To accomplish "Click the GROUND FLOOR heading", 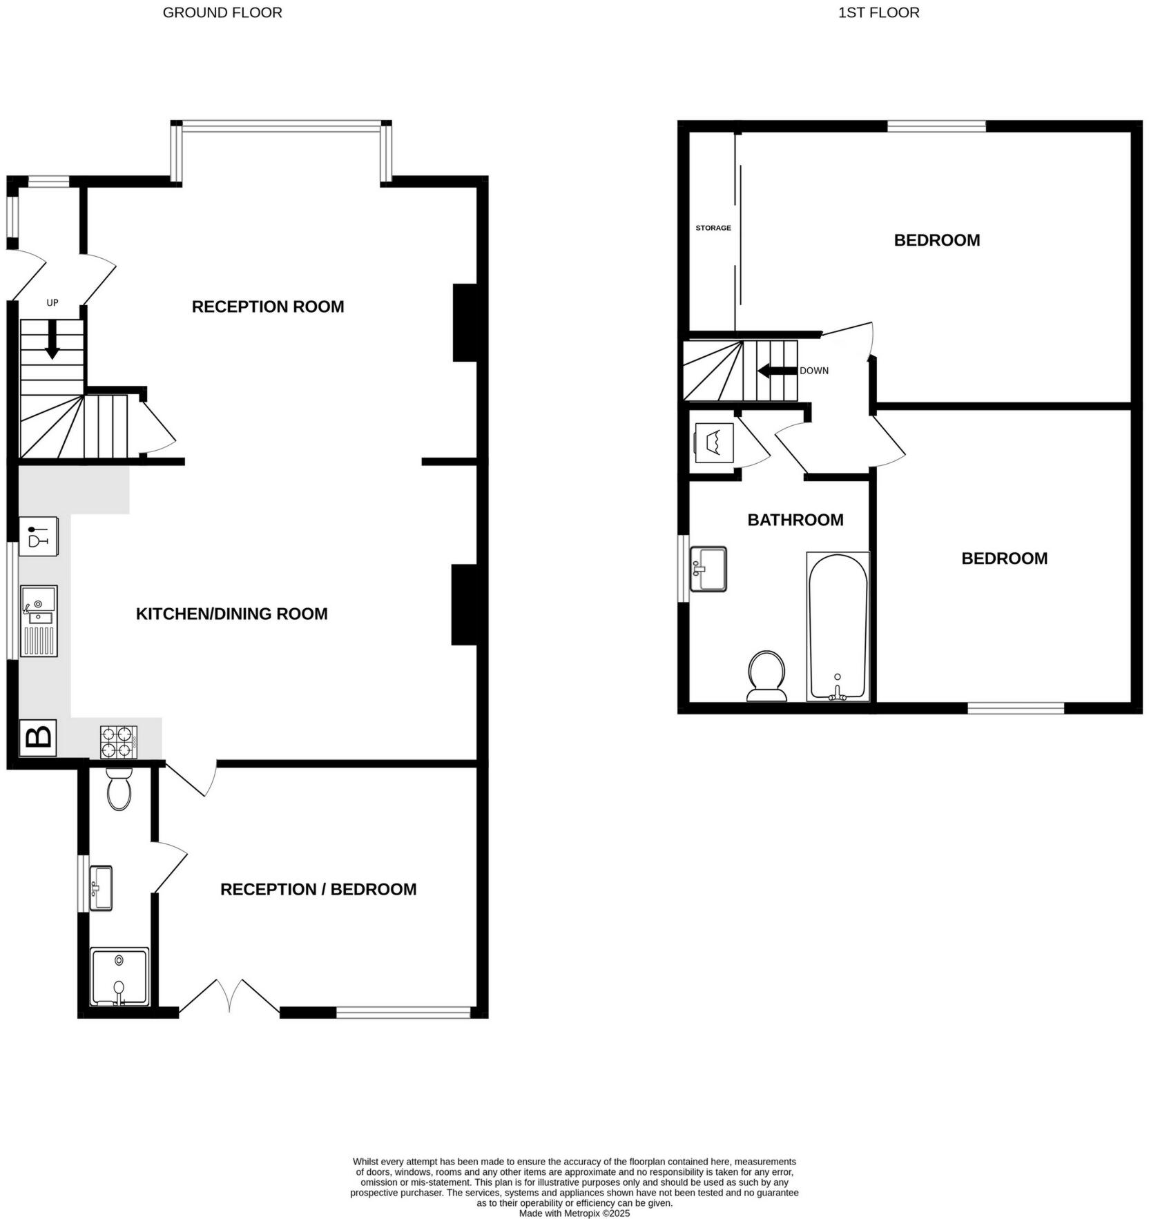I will click(222, 12).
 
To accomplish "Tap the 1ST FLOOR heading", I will click(878, 12).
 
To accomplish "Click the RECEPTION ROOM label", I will click(268, 306).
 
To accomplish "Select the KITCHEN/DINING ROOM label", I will click(231, 614).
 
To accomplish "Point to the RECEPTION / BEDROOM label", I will click(318, 889).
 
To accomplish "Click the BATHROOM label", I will click(795, 520).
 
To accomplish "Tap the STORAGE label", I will click(713, 228).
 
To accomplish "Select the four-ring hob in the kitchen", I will click(119, 742).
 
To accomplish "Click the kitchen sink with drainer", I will click(39, 621).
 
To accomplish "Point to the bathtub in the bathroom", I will click(838, 626).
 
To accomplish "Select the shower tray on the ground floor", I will click(119, 976).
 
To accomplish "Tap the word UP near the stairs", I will click(52, 302).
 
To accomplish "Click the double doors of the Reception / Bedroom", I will click(229, 997).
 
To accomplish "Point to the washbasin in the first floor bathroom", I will click(708, 569).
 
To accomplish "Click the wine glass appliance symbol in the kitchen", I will click(38, 536).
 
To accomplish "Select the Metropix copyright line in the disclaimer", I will click(574, 1213).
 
